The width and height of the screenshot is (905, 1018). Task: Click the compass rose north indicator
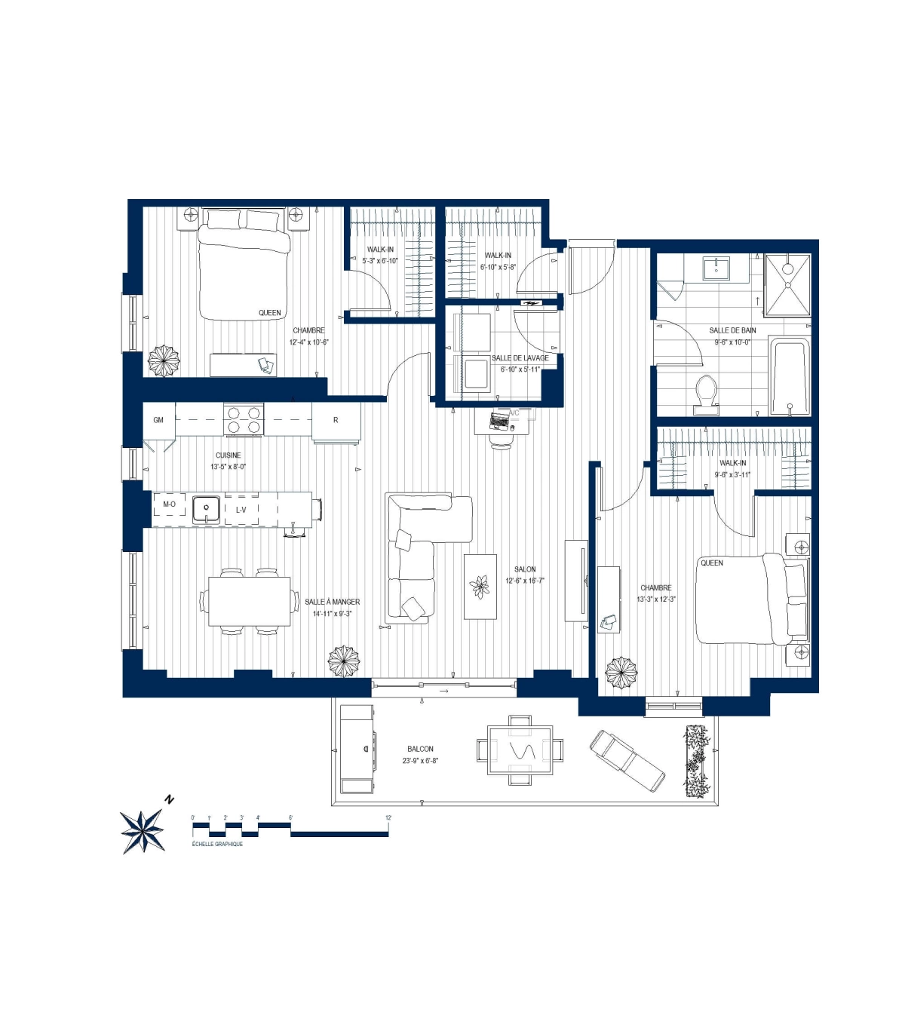(x=143, y=830)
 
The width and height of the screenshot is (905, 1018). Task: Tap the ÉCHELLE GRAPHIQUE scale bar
(x=290, y=829)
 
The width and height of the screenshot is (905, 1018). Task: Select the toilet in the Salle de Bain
(x=707, y=394)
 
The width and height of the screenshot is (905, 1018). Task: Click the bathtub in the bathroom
(x=789, y=376)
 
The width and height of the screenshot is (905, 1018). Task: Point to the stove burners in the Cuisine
(x=244, y=420)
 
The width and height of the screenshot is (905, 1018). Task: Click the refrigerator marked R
(x=336, y=420)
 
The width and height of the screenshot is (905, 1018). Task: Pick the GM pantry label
(x=158, y=420)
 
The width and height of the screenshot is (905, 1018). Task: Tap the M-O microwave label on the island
(x=170, y=504)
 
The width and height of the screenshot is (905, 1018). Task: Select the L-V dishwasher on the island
(x=241, y=510)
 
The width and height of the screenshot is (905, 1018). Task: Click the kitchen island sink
(x=206, y=509)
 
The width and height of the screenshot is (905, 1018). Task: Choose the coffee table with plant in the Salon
(x=480, y=587)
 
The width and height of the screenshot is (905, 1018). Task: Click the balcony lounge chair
(x=627, y=760)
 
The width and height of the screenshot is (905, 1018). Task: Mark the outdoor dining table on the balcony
(x=520, y=750)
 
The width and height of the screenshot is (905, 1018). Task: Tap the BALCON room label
(x=420, y=749)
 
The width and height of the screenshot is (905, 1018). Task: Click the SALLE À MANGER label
(x=333, y=602)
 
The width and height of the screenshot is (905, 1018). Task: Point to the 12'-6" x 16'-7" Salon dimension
(x=525, y=581)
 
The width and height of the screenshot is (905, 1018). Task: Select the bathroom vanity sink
(x=716, y=268)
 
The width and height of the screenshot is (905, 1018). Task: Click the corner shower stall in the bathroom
(x=788, y=284)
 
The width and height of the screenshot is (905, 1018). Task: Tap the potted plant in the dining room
(x=344, y=661)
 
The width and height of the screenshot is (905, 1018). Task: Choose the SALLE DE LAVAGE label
(x=520, y=358)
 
